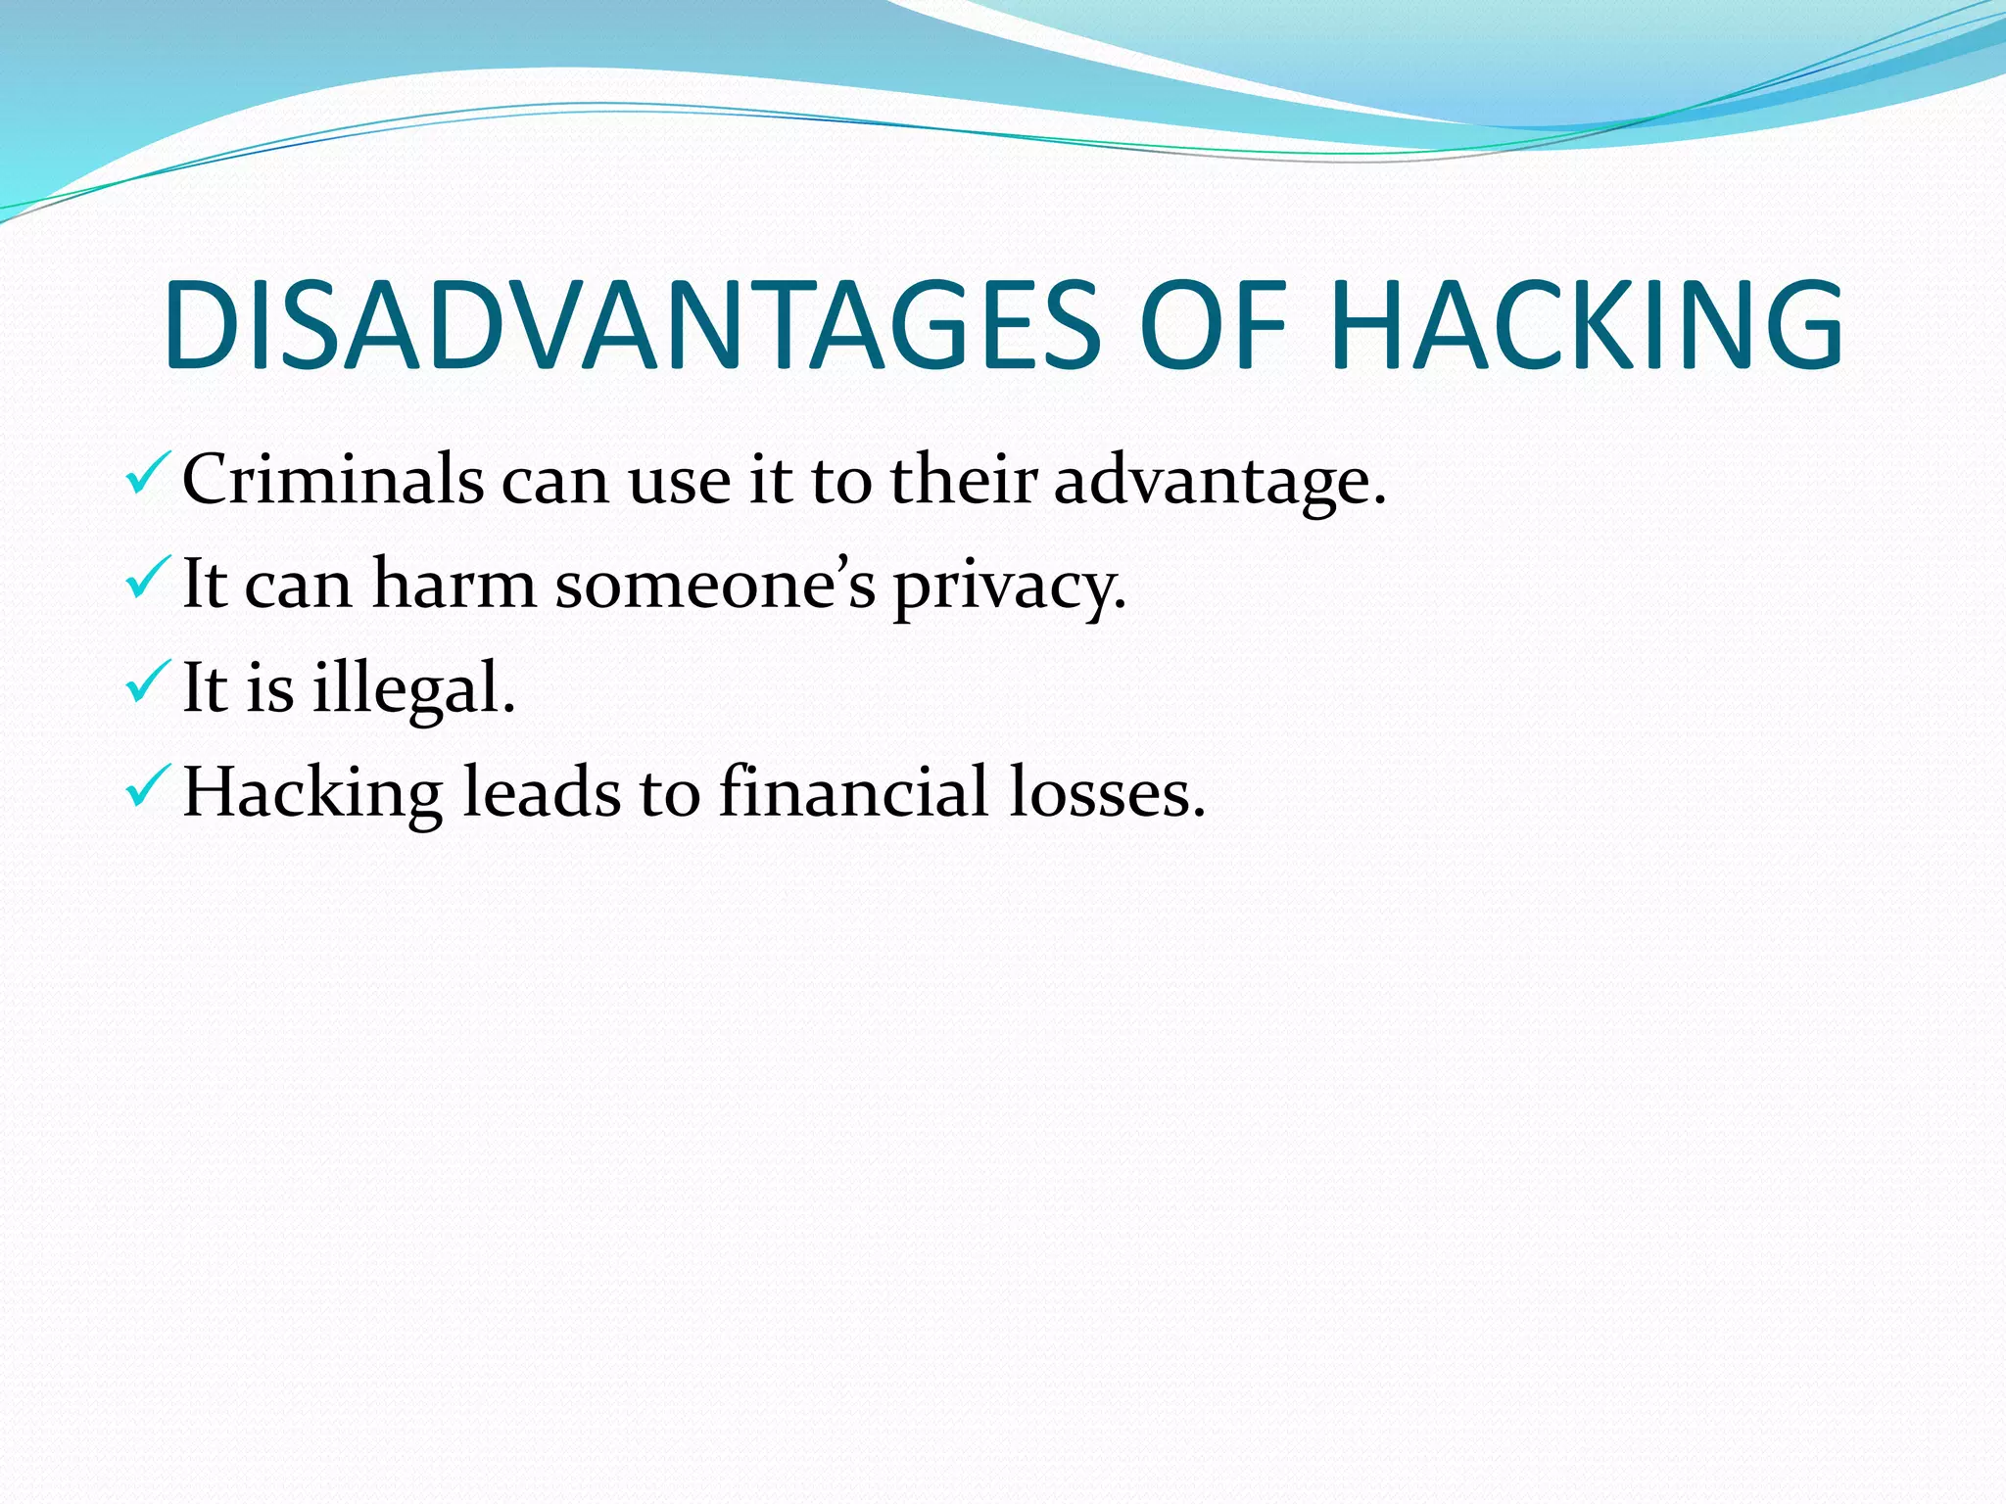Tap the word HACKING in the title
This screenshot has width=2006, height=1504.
tap(1587, 325)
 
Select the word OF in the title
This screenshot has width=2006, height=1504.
tap(1213, 325)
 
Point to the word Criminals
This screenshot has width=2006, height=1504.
tap(333, 480)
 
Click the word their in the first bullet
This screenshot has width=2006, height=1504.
tap(962, 480)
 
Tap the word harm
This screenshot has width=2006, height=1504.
tap(454, 585)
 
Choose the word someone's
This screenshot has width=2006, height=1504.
tap(715, 585)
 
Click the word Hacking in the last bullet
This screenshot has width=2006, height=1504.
tap(312, 793)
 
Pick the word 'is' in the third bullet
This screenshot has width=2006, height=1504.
tap(269, 687)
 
